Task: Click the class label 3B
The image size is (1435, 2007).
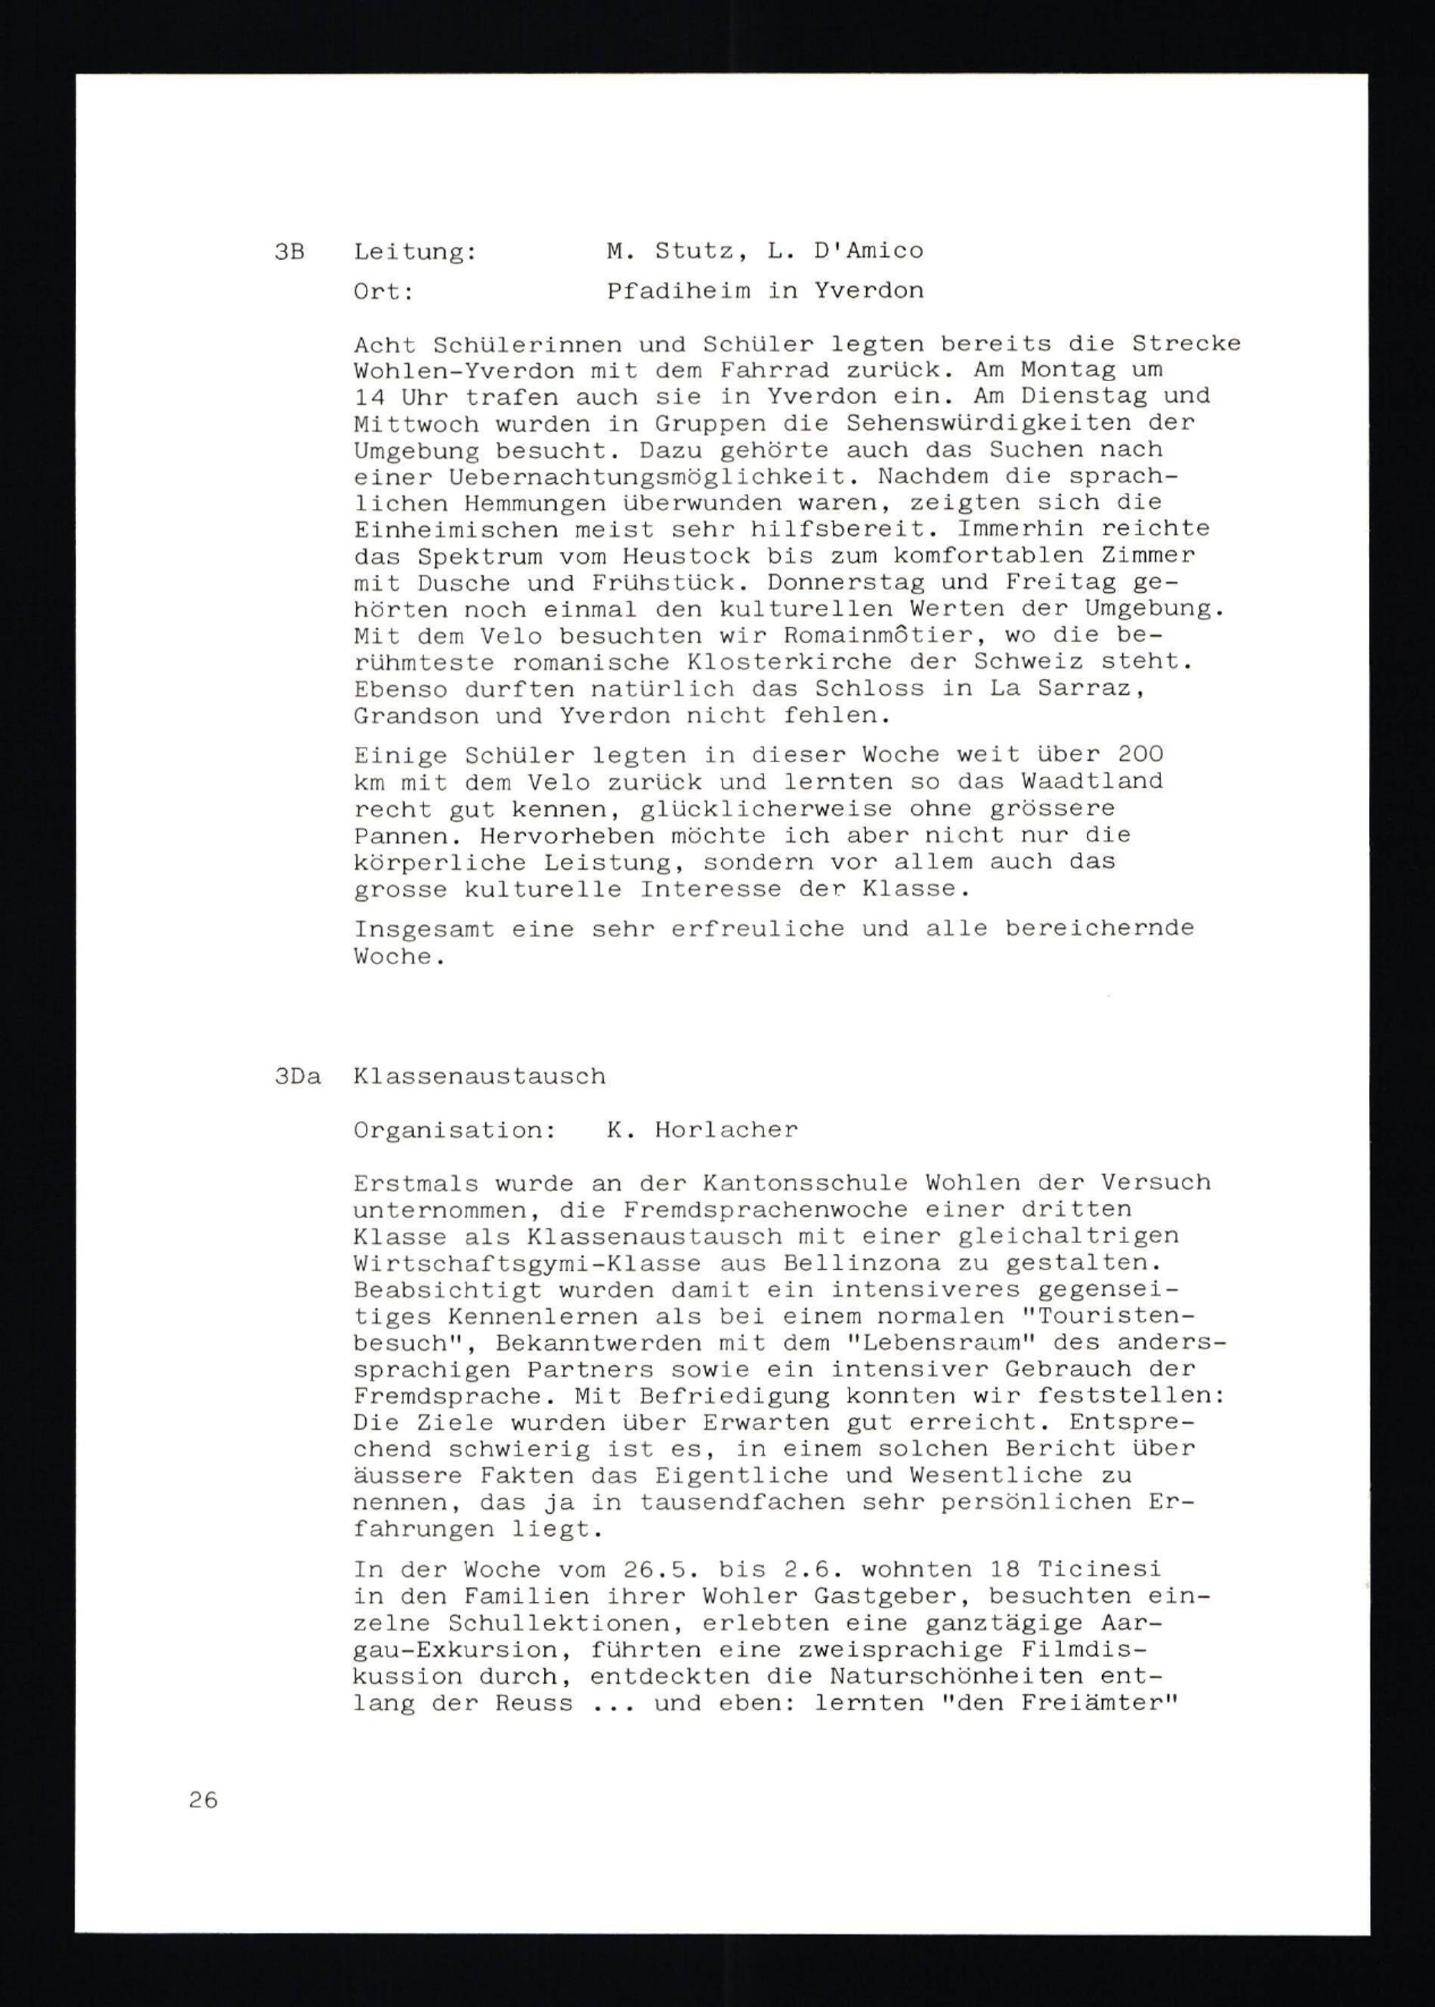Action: pos(289,252)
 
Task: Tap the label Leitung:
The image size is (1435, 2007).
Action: pos(415,252)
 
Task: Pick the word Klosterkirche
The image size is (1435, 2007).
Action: pos(852,662)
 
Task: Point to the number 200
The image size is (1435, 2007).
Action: pos(1140,754)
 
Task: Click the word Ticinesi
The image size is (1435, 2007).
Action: pos(1099,1571)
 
